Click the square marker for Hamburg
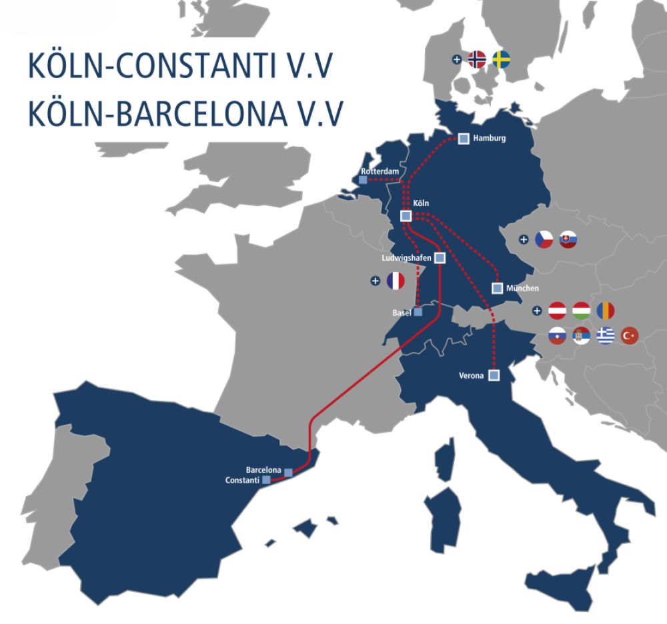tap(464, 139)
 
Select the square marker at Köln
tap(405, 215)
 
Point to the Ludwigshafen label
tap(406, 257)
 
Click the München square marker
tap(497, 288)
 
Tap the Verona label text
tap(472, 375)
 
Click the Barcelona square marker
tap(288, 473)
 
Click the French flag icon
tap(396, 281)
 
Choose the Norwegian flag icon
tap(477, 59)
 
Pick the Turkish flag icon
tap(630, 335)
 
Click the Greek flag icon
tap(606, 335)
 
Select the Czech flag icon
tap(544, 239)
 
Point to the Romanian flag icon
tap(606, 311)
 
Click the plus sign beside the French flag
tap(376, 281)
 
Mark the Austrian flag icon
tap(557, 311)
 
